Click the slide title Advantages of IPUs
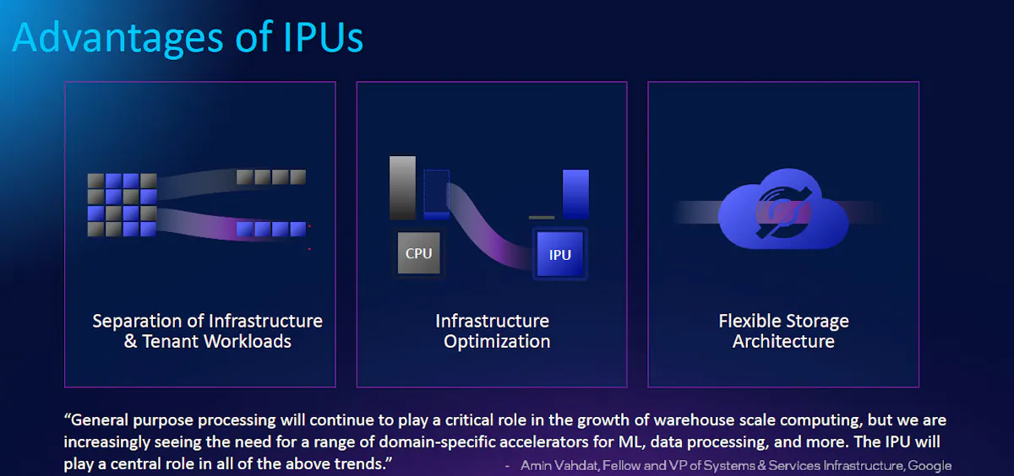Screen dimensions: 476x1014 point(188,37)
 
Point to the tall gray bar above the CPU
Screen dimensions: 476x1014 point(402,187)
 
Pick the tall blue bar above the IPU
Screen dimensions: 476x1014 point(575,194)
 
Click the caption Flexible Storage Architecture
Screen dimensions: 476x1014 point(783,331)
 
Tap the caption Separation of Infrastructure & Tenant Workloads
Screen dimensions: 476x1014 point(207,331)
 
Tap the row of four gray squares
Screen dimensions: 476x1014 point(270,176)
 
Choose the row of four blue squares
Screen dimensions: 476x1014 point(270,229)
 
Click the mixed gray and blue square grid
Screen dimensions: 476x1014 point(122,204)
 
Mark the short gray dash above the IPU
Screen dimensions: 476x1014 point(542,218)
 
